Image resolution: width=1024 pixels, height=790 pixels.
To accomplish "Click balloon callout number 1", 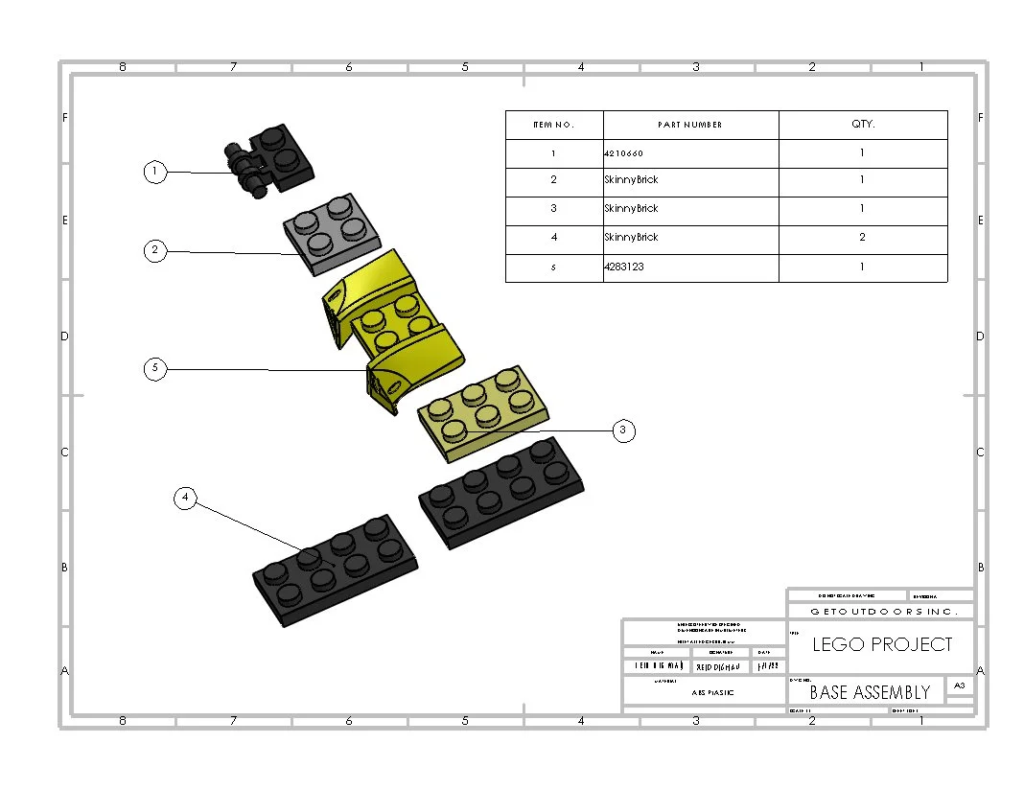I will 154,172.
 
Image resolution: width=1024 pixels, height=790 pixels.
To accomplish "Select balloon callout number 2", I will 154,251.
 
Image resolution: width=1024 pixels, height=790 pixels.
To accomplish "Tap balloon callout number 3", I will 622,430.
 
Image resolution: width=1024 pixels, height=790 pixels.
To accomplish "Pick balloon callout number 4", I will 186,498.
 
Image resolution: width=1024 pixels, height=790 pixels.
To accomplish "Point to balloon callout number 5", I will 154,368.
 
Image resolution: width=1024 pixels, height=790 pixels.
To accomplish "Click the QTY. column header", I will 862,125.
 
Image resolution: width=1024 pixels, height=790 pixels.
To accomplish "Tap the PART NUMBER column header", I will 690,125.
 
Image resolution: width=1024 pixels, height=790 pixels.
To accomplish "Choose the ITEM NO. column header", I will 554,125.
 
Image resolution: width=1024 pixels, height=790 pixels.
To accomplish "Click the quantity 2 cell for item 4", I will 862,237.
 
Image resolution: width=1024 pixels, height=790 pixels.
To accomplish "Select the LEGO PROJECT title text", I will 882,644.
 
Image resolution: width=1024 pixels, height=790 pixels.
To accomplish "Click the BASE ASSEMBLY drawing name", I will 870,691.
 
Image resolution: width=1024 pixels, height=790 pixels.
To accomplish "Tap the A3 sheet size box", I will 959,685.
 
